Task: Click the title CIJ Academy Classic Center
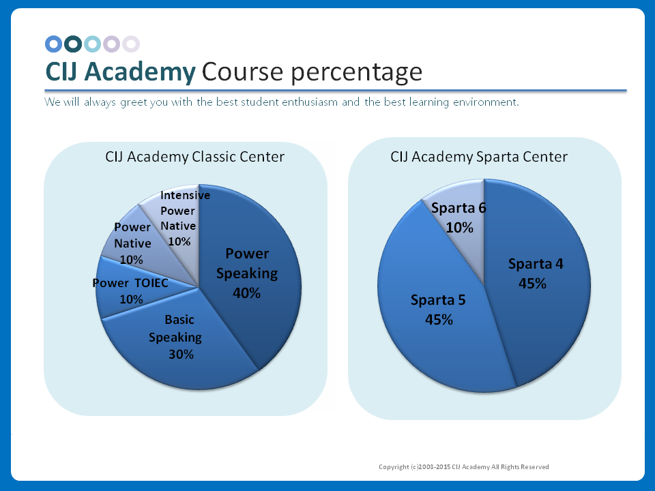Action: [194, 157]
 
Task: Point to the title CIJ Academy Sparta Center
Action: [478, 157]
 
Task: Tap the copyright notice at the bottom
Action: [464, 467]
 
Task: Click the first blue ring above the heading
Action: [54, 44]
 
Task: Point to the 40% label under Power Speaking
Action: [246, 293]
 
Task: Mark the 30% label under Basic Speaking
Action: [181, 355]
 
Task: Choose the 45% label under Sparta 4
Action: [532, 284]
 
